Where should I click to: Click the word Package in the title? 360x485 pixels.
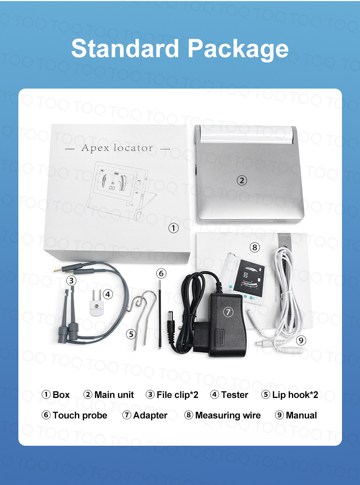point(238,49)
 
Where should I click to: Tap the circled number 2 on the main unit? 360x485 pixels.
point(242,180)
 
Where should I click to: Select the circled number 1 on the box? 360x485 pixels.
point(174,228)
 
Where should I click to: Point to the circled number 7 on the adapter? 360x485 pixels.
point(228,312)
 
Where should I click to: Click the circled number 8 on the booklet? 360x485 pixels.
point(255,247)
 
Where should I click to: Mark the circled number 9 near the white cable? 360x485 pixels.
point(301,340)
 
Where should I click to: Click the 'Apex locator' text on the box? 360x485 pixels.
point(117,148)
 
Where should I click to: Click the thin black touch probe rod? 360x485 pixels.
point(159,313)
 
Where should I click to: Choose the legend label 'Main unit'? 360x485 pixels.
point(114,395)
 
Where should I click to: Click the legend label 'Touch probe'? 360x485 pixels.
point(80,416)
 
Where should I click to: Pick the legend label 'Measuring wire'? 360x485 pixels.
point(228,416)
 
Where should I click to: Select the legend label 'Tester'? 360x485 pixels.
point(235,395)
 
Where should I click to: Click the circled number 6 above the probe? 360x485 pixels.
point(161,274)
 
